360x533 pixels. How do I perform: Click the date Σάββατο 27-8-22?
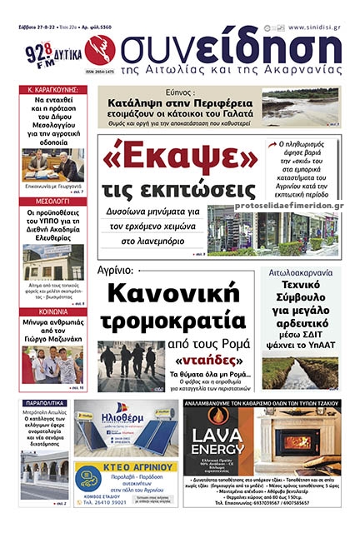tap(37, 27)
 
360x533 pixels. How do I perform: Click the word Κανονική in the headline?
tap(177, 296)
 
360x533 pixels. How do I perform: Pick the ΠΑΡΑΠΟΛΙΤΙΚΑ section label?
tap(44, 403)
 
